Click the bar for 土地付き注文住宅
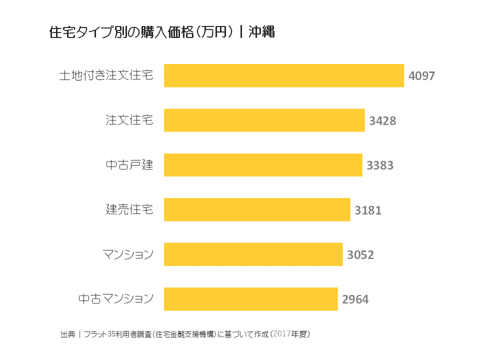pos(283,75)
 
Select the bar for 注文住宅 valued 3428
pos(264,120)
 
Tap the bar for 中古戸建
pos(263,165)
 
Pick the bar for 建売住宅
pos(257,209)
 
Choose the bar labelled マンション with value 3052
pos(253,254)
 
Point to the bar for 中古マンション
pos(250,299)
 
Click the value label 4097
pos(421,76)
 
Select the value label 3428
pos(382,120)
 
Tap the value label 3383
pos(380,165)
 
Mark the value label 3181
pos(368,210)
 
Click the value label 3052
pos(360,255)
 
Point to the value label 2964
pos(355,299)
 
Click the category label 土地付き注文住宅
pos(106,75)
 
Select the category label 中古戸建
pos(129,165)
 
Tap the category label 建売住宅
pos(129,209)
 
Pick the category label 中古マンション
pos(116,299)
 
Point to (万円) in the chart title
pos(213,32)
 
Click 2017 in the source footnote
pos(282,333)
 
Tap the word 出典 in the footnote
pos(67,333)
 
